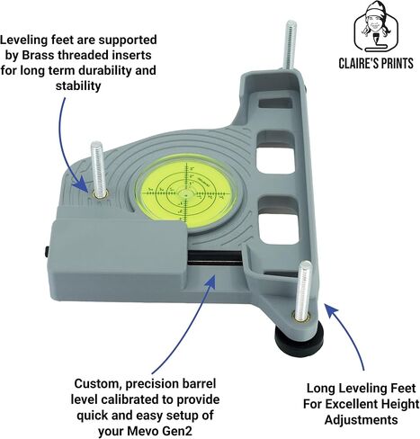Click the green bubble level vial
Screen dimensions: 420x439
[186, 193]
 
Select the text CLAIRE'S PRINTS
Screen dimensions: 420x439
[376, 64]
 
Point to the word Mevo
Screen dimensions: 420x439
[142, 431]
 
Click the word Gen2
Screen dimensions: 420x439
[176, 431]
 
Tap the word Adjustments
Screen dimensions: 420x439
[361, 420]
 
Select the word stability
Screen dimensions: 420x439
[78, 86]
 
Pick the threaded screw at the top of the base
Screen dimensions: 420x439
[290, 46]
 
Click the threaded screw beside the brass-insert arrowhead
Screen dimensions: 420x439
[97, 169]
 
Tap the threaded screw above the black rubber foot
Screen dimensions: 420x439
[303, 290]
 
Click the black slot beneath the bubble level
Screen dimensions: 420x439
[215, 258]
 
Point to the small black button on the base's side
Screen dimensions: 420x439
[47, 252]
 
